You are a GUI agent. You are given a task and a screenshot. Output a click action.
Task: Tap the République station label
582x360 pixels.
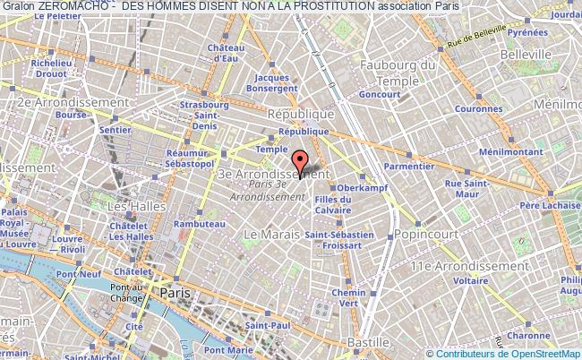coord(302,115)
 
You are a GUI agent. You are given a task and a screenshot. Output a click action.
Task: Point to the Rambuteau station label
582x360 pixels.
coord(198,223)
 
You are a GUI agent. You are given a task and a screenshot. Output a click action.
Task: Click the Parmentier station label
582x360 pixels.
coord(408,166)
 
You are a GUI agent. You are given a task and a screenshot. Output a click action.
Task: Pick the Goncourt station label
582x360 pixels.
coord(379,93)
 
